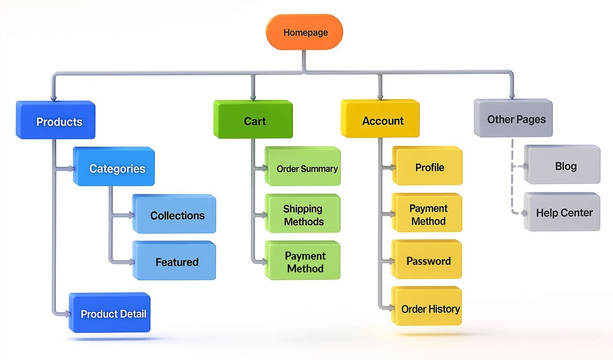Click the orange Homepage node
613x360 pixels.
coord(304,33)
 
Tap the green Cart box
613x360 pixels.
coord(254,120)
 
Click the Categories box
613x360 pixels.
coord(115,167)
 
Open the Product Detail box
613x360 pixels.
coord(111,313)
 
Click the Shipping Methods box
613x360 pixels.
coord(303,214)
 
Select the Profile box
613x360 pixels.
coord(428,166)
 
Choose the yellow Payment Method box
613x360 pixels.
coord(428,213)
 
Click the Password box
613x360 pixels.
coord(428,260)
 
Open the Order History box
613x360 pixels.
coord(428,308)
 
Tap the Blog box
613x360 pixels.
coord(563,165)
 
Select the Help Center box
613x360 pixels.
coord(563,212)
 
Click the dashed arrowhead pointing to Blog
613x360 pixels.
coord(524,166)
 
